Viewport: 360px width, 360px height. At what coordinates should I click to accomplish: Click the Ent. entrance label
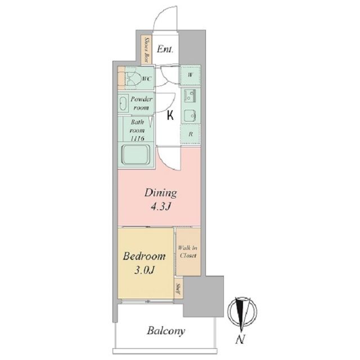click(165, 49)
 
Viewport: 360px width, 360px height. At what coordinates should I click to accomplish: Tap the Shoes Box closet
click(146, 50)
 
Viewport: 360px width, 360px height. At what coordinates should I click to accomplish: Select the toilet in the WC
click(132, 79)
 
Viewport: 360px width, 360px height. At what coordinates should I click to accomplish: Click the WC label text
click(147, 79)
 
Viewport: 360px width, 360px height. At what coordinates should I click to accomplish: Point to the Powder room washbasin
click(123, 103)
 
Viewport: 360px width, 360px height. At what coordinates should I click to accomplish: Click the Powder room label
click(141, 103)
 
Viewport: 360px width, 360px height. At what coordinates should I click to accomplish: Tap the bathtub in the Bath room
click(136, 155)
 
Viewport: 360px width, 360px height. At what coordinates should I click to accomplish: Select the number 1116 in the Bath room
click(137, 138)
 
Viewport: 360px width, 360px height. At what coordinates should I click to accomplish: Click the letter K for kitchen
click(170, 115)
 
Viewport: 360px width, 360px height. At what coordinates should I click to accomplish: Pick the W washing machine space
click(190, 75)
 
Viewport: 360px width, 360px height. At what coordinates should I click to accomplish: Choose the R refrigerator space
click(190, 134)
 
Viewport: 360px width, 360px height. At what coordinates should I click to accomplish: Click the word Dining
click(161, 193)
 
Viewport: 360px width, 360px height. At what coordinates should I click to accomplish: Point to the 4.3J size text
click(161, 207)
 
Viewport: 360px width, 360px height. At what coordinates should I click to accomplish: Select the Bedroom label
click(144, 256)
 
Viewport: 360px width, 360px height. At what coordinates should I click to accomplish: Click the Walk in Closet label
click(188, 252)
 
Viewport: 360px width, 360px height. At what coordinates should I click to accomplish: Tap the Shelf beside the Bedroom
click(178, 289)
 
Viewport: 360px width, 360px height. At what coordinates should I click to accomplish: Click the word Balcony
click(166, 331)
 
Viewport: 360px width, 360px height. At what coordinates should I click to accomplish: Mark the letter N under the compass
click(240, 339)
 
